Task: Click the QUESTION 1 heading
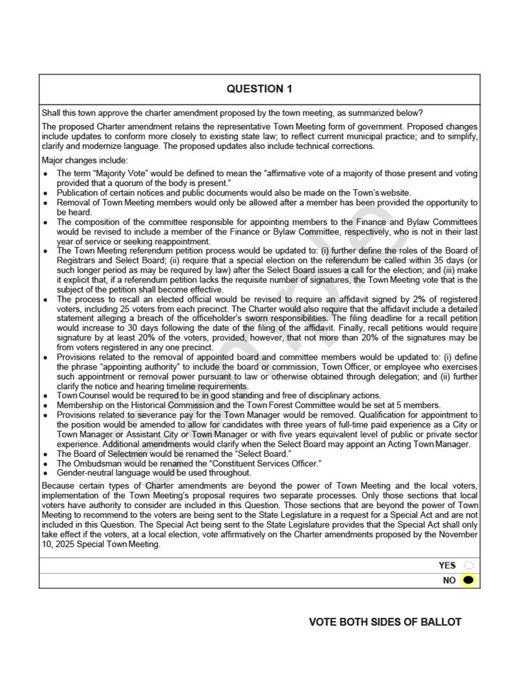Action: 259,89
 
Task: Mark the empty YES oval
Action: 468,565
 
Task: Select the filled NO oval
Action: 468,580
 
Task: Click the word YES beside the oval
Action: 448,565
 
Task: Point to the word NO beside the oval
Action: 449,580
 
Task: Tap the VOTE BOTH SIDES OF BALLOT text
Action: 385,622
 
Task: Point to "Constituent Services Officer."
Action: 261,463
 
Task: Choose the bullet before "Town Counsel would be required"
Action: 46,396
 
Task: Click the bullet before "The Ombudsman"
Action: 46,463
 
